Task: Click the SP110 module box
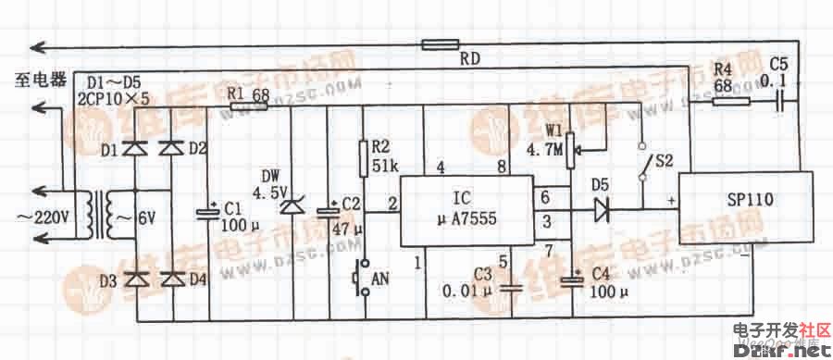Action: click(x=740, y=208)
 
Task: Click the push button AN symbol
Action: click(x=363, y=275)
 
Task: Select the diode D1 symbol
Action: click(x=137, y=148)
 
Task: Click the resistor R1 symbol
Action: click(x=248, y=106)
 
